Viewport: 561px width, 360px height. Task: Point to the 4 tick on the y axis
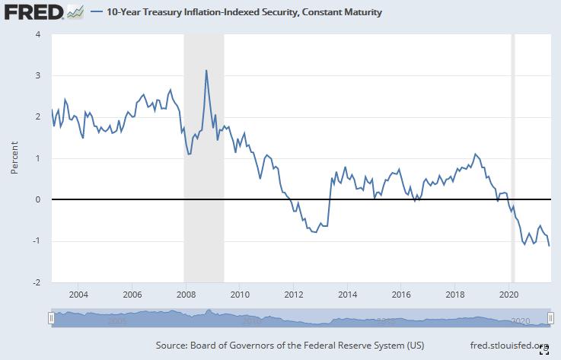(x=37, y=34)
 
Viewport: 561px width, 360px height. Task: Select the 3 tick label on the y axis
(x=37, y=75)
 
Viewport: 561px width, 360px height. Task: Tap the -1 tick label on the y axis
(x=36, y=241)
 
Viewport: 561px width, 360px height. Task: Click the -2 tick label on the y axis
(x=36, y=282)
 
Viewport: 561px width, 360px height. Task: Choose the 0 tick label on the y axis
(x=37, y=199)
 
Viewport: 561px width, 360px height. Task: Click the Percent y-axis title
(x=14, y=158)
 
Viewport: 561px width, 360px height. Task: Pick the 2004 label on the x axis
(x=78, y=294)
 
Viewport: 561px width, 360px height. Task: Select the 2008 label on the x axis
(x=186, y=294)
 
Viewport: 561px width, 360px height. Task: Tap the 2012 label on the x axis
(x=294, y=294)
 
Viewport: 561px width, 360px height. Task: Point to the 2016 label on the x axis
(x=401, y=294)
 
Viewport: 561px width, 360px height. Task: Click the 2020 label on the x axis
(x=509, y=294)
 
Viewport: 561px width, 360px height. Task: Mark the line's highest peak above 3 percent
(x=206, y=71)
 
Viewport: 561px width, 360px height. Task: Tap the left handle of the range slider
(x=51, y=319)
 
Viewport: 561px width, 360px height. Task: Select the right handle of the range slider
(x=550, y=319)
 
